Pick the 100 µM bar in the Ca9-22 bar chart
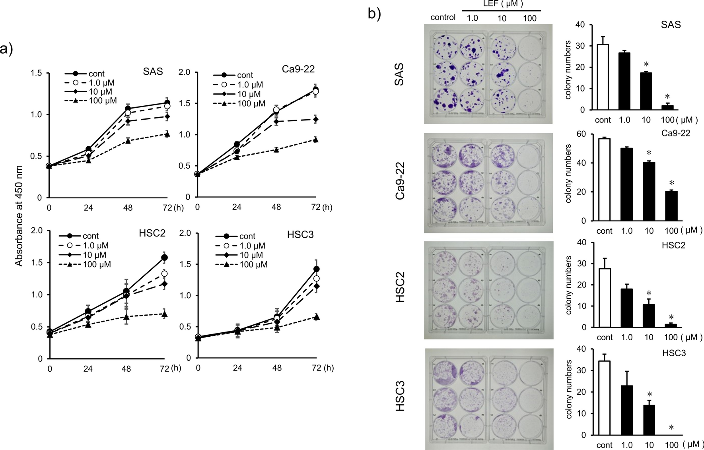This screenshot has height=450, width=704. [671, 206]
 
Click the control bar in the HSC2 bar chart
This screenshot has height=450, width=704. [604, 298]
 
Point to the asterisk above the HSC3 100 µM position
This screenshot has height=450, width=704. [671, 428]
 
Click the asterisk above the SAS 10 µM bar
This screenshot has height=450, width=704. [646, 65]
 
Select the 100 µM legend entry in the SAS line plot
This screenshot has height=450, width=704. [91, 101]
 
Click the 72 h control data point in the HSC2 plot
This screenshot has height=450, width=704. [164, 258]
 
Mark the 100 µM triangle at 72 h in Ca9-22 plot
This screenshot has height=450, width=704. [315, 140]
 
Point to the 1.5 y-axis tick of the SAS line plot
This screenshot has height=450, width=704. [38, 73]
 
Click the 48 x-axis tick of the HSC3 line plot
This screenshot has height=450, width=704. [277, 368]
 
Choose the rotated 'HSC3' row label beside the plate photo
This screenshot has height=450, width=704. [400, 398]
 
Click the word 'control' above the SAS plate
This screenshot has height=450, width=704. [443, 17]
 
